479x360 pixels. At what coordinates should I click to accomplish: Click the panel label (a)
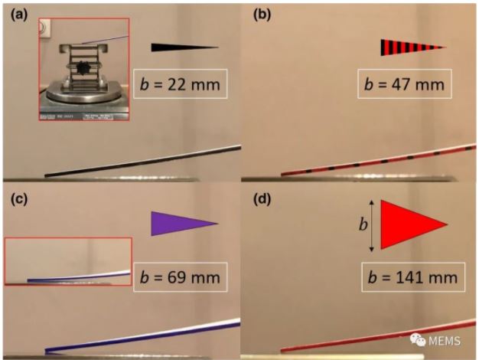19,15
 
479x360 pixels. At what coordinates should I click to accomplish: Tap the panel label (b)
262,15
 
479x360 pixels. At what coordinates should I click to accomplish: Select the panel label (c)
19,200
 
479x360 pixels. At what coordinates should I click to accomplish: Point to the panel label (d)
262,200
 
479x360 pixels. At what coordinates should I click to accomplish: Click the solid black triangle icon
185,47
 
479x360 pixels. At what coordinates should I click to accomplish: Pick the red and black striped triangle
413,47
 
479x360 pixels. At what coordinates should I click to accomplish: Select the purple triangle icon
184,224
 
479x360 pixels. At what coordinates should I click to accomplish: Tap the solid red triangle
414,224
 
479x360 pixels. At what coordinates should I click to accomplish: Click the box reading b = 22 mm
181,83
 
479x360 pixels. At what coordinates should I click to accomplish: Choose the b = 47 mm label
405,83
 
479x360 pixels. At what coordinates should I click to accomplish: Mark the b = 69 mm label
181,277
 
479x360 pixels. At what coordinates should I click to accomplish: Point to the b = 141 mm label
413,277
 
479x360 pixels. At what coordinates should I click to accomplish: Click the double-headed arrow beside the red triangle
371,226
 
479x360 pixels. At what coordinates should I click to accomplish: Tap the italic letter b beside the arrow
363,225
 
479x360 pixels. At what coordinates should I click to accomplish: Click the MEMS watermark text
445,341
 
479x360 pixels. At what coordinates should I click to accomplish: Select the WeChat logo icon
418,339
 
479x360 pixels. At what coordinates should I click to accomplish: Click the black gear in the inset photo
83,68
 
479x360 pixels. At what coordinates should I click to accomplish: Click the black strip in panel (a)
142,161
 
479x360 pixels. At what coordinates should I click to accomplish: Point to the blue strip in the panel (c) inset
79,277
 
